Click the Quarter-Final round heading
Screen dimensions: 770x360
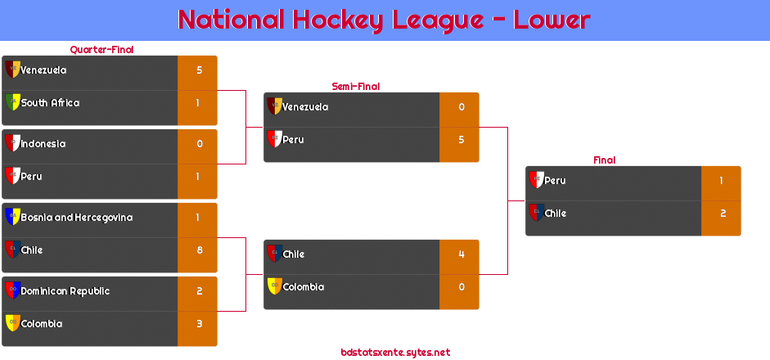pos(101,50)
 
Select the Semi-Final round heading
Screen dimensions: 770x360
pos(356,87)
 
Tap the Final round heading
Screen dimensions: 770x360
pos(605,160)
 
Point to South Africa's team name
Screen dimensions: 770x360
pos(50,103)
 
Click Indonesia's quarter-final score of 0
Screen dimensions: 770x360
pos(200,144)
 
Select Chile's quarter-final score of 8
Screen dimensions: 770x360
pos(200,250)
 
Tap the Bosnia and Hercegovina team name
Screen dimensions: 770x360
pos(77,218)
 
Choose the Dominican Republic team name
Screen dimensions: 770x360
pos(65,291)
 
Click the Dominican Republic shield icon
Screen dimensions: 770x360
pos(12,290)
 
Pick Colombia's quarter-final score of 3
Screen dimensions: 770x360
pos(200,324)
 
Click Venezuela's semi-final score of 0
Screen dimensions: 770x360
pos(462,107)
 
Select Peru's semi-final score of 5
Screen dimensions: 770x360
pos(462,140)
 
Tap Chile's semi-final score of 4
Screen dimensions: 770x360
pos(462,254)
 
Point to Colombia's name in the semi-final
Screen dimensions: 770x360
pos(304,287)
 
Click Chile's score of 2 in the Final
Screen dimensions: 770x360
pos(723,214)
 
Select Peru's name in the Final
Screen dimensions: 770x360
pos(556,181)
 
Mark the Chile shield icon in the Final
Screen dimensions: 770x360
pos(536,212)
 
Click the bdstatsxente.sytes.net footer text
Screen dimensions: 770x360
pos(395,353)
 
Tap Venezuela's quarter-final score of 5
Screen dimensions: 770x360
pos(200,70)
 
